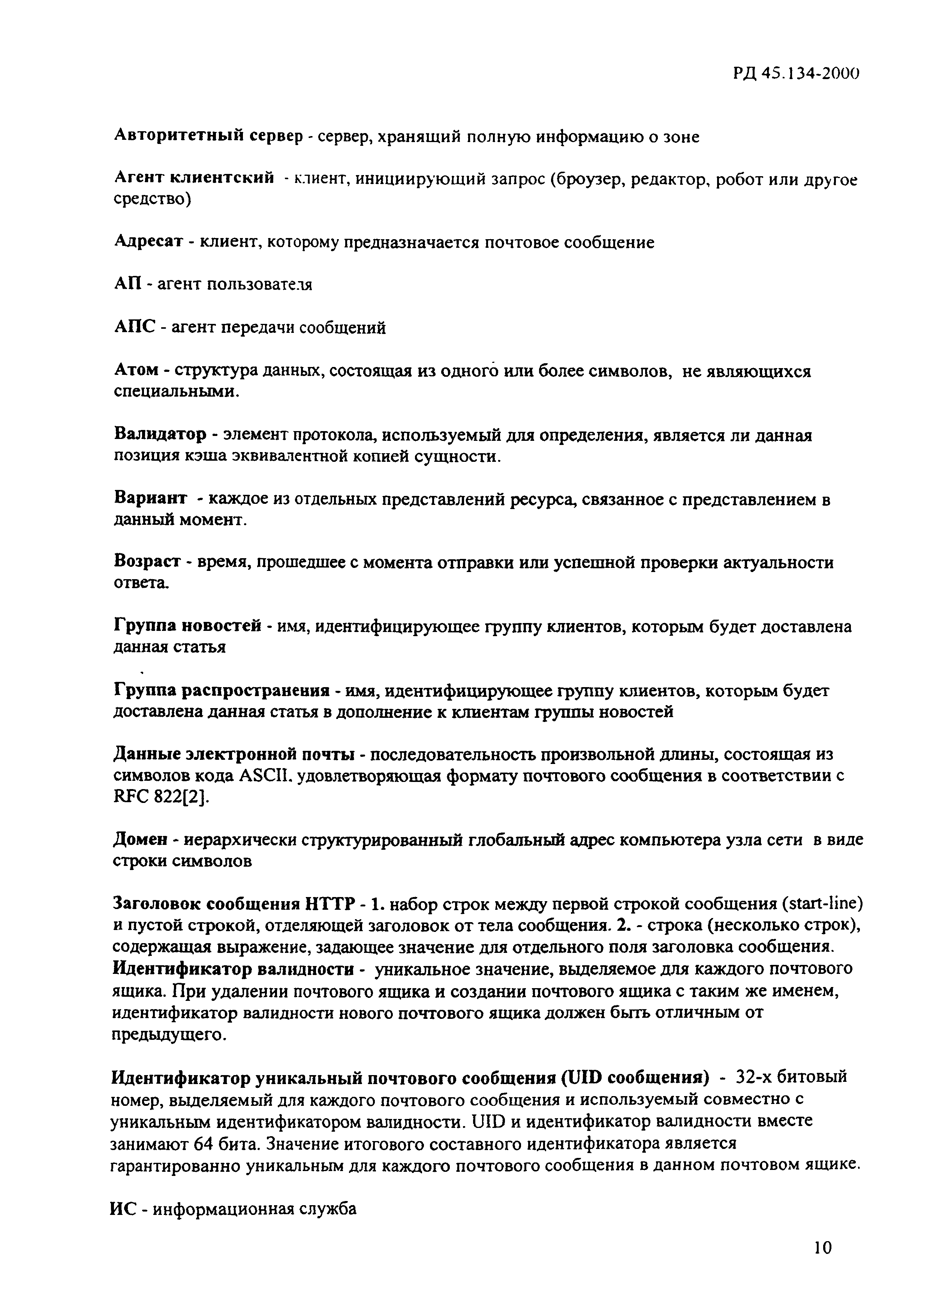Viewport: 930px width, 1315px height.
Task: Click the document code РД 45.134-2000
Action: tap(796, 73)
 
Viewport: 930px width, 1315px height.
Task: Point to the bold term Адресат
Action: tap(148, 242)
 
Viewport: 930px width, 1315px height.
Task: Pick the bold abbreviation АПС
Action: tap(135, 327)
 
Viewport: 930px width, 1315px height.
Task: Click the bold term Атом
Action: tap(136, 371)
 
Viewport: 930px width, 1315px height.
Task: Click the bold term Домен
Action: tap(140, 840)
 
